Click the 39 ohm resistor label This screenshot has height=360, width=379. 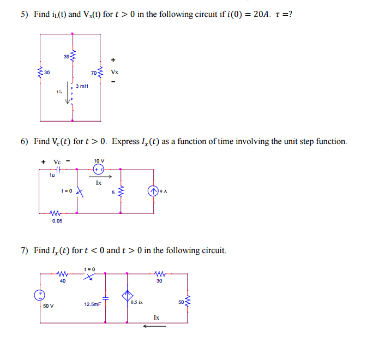(x=66, y=56)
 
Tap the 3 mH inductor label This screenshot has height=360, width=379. (x=82, y=86)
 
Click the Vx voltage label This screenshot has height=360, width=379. (x=114, y=71)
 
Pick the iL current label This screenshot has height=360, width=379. (x=59, y=92)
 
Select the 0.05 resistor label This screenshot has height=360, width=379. (x=57, y=221)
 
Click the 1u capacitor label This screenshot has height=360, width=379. (x=52, y=175)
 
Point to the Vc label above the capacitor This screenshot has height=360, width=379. (x=57, y=161)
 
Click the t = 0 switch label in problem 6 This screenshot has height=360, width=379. (x=67, y=190)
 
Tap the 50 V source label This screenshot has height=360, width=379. (x=49, y=305)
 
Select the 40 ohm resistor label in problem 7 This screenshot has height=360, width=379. (x=63, y=281)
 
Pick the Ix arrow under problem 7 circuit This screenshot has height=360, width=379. (x=154, y=327)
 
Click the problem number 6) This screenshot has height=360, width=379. (x=25, y=141)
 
